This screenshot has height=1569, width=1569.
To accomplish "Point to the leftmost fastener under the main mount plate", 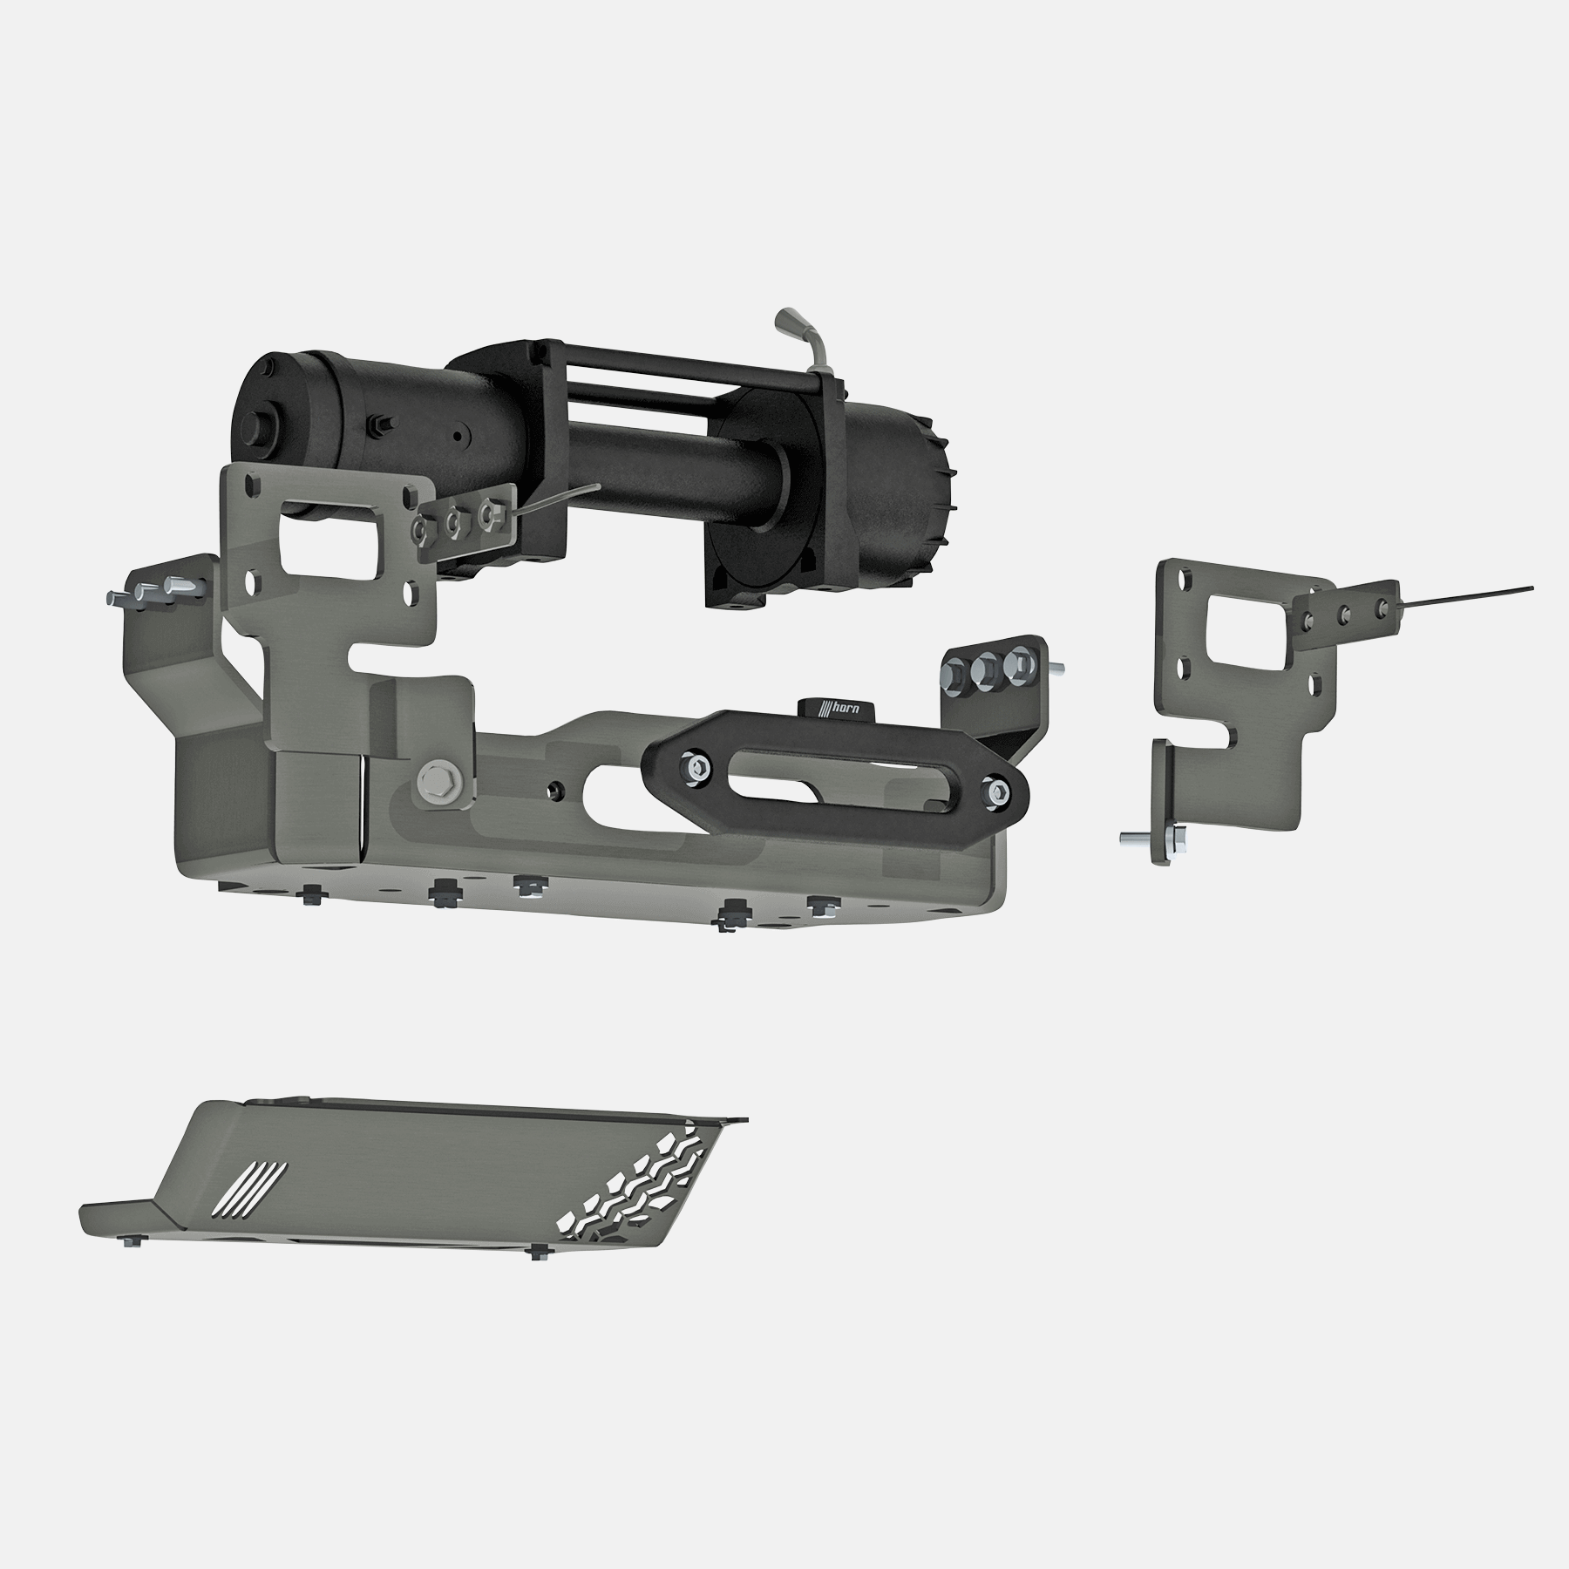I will (x=312, y=894).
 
